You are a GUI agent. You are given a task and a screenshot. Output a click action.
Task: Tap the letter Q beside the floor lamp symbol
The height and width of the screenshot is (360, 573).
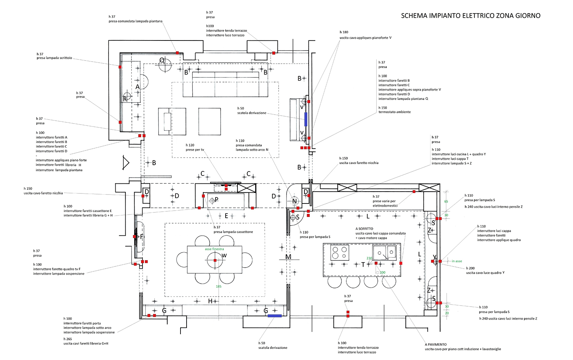162,60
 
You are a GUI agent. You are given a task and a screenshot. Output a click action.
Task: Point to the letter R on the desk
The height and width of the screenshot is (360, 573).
125,99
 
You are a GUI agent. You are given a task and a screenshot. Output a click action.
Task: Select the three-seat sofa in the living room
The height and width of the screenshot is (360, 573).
226,84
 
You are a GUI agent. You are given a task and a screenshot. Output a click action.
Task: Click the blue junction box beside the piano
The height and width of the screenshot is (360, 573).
306,119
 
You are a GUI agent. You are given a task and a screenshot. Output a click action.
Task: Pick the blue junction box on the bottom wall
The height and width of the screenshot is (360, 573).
275,316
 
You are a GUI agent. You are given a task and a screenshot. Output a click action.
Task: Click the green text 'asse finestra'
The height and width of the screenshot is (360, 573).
214,249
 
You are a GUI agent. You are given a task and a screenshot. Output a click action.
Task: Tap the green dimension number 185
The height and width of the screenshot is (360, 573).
218,286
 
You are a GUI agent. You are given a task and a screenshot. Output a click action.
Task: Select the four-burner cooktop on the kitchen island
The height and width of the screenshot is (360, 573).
339,252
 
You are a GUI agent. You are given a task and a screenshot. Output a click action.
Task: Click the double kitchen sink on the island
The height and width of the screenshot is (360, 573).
385,252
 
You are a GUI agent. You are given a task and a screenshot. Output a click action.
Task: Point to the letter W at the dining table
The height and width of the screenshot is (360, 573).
224,255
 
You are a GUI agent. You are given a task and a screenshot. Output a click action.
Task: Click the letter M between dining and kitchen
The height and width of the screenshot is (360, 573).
288,257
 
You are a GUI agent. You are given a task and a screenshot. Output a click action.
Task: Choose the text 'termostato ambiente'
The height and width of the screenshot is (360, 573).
395,112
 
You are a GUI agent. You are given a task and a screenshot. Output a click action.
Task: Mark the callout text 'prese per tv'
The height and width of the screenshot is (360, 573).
195,150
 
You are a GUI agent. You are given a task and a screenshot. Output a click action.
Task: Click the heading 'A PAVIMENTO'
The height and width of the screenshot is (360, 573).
436,345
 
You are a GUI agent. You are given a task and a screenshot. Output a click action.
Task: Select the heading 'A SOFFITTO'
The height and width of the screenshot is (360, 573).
364,229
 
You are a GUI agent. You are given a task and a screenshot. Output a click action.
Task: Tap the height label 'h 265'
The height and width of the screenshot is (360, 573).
68,339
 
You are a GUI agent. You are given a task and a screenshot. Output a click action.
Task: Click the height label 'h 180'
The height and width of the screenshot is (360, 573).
344,32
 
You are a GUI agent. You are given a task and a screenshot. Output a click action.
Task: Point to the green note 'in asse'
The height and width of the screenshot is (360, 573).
457,261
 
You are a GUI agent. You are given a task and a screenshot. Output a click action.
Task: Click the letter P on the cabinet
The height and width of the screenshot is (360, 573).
216,200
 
